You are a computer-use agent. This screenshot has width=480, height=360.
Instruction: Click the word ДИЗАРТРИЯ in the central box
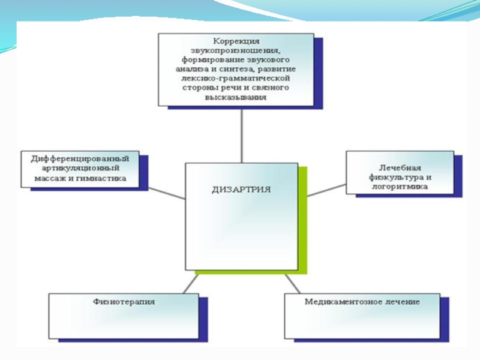pyautogui.click(x=241, y=189)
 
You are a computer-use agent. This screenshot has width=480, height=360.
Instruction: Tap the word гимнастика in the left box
pyautogui.click(x=106, y=178)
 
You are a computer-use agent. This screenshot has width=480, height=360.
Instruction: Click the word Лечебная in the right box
pyautogui.click(x=399, y=168)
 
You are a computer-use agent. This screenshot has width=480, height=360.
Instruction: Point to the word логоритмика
pyautogui.click(x=400, y=187)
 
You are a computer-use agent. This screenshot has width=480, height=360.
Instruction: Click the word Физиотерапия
pyautogui.click(x=124, y=302)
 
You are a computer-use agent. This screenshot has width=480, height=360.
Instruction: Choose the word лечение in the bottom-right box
pyautogui.click(x=400, y=302)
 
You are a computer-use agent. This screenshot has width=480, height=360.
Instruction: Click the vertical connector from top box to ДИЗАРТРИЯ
pyautogui.click(x=241, y=135)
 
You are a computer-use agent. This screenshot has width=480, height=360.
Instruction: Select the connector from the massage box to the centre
pyautogui.click(x=166, y=193)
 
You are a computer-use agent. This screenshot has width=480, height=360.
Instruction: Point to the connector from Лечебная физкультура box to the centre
pyautogui.click(x=326, y=190)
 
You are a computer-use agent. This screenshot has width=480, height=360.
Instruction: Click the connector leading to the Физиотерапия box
pyautogui.click(x=191, y=283)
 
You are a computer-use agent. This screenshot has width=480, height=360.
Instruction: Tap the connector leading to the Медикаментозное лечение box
pyautogui.click(x=292, y=283)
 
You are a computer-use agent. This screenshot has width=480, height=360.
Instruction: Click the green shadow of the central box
pyautogui.click(x=303, y=222)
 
